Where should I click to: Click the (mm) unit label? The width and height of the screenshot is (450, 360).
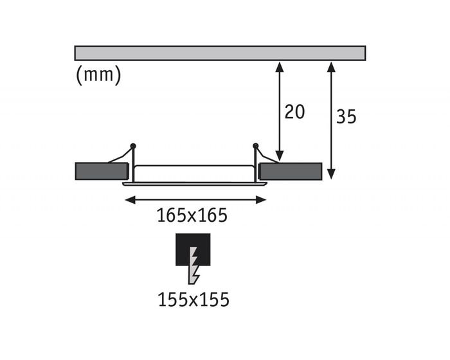click(x=98, y=75)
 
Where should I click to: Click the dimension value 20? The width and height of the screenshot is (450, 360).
click(x=294, y=112)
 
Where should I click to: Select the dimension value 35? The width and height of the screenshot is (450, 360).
click(x=346, y=116)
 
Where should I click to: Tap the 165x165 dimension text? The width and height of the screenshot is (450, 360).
click(x=192, y=215)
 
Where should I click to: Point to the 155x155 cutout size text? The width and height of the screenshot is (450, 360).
click(x=194, y=300)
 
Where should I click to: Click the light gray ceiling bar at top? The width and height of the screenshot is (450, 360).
click(x=220, y=53)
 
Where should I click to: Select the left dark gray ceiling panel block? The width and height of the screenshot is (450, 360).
click(x=102, y=171)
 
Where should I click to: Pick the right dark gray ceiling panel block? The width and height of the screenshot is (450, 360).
click(x=291, y=172)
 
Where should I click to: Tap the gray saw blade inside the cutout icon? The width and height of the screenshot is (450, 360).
click(x=194, y=265)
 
